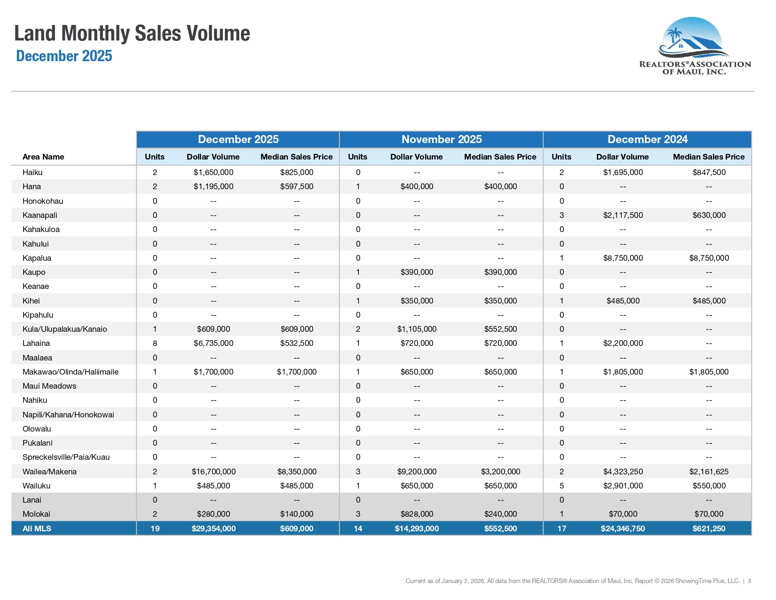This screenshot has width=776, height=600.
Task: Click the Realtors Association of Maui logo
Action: pyautogui.click(x=695, y=46)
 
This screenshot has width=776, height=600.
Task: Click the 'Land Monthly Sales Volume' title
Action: pyautogui.click(x=132, y=33)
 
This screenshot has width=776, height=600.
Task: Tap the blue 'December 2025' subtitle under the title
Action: pyautogui.click(x=64, y=56)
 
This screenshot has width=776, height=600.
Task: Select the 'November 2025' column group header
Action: pyautogui.click(x=442, y=139)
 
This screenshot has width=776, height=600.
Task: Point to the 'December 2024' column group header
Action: pyautogui.click(x=648, y=139)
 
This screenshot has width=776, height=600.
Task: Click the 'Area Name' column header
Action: pyautogui.click(x=43, y=157)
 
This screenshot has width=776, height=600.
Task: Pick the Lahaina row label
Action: pyautogui.click(x=36, y=343)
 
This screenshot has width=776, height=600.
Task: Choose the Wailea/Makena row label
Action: pyautogui.click(x=50, y=472)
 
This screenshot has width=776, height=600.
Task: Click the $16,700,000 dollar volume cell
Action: pyautogui.click(x=214, y=472)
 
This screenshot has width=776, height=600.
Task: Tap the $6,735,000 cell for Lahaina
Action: pyautogui.click(x=214, y=343)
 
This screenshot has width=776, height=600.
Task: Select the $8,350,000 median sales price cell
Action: pyautogui.click(x=297, y=472)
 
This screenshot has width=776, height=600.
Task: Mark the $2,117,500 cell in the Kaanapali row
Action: pyautogui.click(x=623, y=215)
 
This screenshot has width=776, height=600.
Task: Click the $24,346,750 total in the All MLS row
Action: pyautogui.click(x=623, y=528)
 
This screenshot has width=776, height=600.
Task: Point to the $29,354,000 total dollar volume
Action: pyautogui.click(x=214, y=528)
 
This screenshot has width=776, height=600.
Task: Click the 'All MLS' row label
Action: pyautogui.click(x=37, y=528)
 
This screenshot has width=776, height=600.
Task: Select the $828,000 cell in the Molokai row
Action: pyautogui.click(x=417, y=514)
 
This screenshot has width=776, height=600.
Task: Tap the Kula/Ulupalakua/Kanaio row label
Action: pyautogui.click(x=64, y=329)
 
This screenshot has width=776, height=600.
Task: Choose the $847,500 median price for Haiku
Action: pyautogui.click(x=709, y=172)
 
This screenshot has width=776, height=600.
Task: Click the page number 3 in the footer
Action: pyautogui.click(x=749, y=581)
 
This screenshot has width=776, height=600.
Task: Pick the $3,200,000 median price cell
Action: pyautogui.click(x=500, y=472)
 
